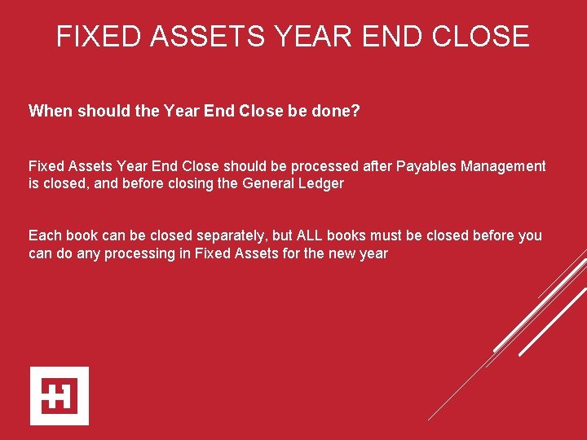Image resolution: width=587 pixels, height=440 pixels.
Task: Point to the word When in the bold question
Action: coord(51,111)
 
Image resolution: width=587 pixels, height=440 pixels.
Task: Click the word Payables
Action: coord(427,166)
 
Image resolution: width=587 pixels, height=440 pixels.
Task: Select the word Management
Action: coord(503,166)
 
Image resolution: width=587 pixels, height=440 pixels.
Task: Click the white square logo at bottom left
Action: coord(60,396)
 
